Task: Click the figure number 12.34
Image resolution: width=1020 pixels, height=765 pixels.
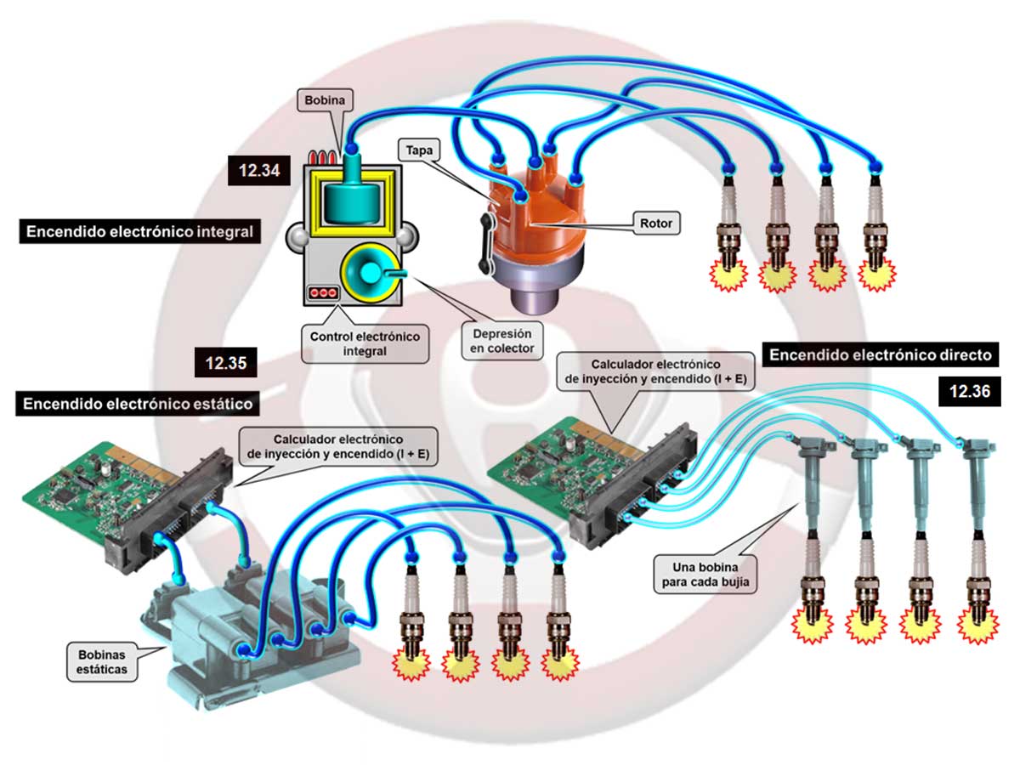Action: click(259, 170)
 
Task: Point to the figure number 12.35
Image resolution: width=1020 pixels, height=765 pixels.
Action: click(225, 363)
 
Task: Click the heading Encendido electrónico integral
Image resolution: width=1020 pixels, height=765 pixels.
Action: click(139, 232)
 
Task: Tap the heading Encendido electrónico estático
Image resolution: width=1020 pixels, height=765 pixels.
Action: click(136, 404)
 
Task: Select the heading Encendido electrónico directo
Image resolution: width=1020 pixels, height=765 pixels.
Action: click(880, 354)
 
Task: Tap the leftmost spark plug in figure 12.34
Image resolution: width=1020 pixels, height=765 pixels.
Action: click(728, 229)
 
